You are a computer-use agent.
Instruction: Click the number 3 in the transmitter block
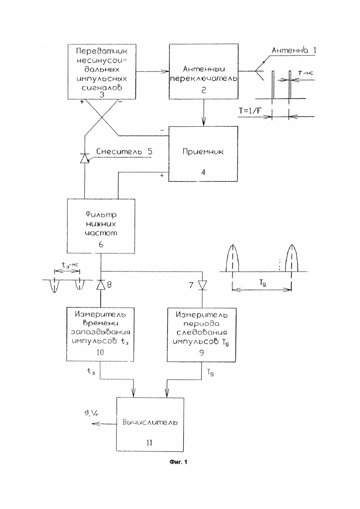point(102,94)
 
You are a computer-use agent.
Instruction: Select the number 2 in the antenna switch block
point(203,90)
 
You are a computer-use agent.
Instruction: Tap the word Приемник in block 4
point(203,152)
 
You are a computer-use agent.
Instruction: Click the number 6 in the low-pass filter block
point(101,244)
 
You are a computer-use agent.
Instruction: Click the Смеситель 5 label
point(125,151)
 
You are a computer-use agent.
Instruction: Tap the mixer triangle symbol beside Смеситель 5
point(84,158)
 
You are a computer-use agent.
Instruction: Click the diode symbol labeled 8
point(101,285)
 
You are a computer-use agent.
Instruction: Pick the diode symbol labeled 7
point(202,285)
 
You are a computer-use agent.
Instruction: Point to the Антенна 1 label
point(294,50)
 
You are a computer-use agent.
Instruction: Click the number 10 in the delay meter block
point(100,352)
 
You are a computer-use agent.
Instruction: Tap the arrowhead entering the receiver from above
point(203,122)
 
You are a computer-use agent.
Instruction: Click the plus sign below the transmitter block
point(82,102)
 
